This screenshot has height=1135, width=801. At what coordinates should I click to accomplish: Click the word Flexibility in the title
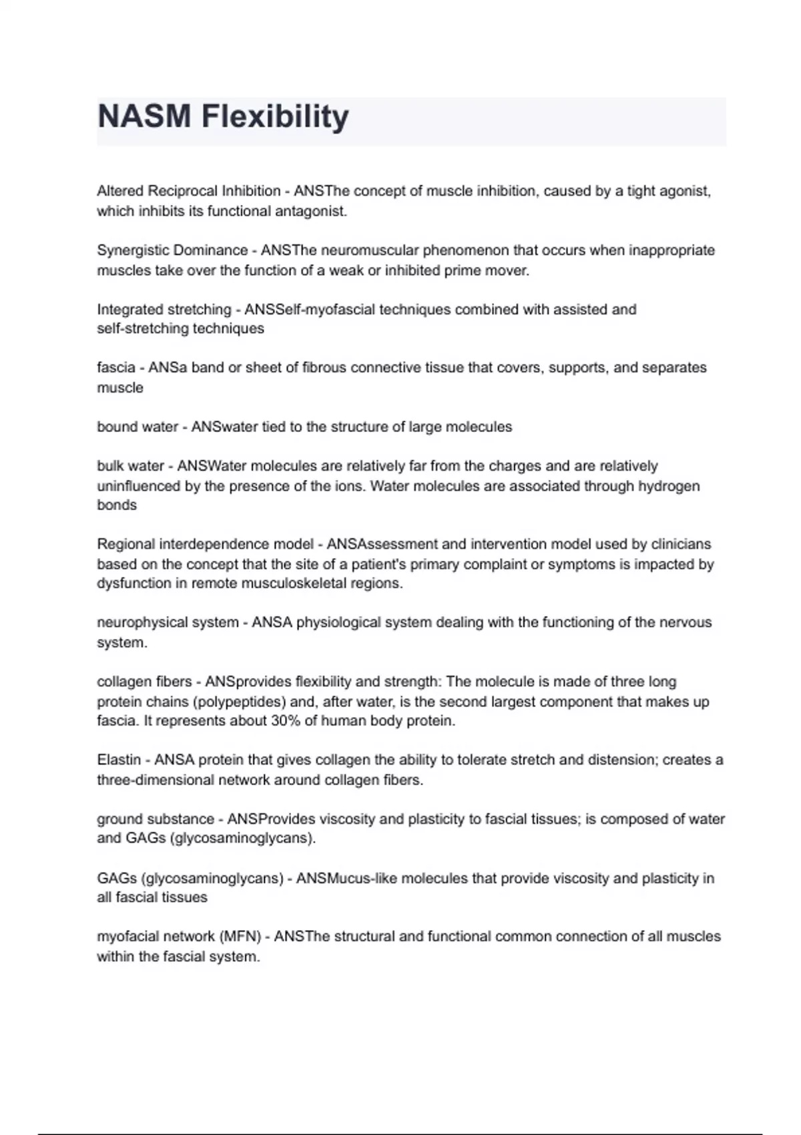pyautogui.click(x=275, y=117)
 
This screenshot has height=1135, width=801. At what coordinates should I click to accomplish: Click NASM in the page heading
pyautogui.click(x=144, y=117)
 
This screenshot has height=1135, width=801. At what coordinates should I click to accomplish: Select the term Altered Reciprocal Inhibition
pyautogui.click(x=188, y=191)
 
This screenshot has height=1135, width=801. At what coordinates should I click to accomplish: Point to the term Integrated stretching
pyautogui.click(x=164, y=309)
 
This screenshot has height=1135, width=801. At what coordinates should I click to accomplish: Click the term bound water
pyautogui.click(x=138, y=427)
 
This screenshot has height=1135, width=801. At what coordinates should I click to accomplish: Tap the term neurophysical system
pyautogui.click(x=168, y=622)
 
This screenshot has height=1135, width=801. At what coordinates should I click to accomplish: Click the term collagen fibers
pyautogui.click(x=144, y=682)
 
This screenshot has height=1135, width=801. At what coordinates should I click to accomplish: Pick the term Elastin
pyautogui.click(x=119, y=760)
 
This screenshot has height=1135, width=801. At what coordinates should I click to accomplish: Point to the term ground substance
pyautogui.click(x=156, y=819)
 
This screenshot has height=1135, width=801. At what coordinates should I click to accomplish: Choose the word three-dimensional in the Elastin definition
pyautogui.click(x=155, y=780)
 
